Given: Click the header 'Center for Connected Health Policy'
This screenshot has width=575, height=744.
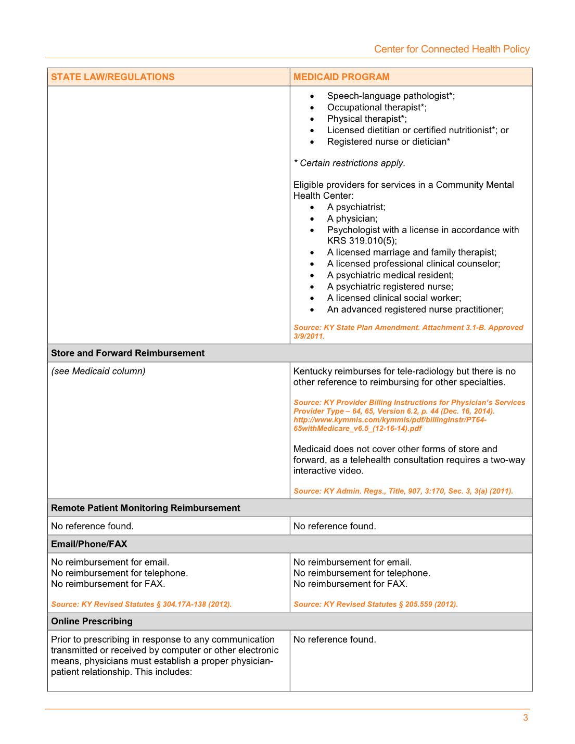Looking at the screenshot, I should coord(451,49).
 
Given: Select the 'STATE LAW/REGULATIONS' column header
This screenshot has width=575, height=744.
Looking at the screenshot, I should coord(112,77).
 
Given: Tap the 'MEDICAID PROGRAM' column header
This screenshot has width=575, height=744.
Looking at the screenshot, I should coord(341,77).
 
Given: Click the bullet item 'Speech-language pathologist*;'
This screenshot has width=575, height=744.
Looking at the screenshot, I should coord(390,96).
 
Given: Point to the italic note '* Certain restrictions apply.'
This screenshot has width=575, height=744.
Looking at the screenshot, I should coord(349,163).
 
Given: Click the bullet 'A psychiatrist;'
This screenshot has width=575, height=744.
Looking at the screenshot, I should coord(356,207).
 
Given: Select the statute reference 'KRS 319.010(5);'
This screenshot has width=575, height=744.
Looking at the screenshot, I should coord(362,241).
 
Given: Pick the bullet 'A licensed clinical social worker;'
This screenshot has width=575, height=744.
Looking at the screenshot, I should coord(394,298).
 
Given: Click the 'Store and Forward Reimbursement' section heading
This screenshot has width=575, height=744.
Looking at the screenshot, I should coord(127,353).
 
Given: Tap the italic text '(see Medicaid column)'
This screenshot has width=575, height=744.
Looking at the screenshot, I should coord(98,371).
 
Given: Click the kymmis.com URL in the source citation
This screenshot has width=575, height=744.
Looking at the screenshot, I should coord(390,424).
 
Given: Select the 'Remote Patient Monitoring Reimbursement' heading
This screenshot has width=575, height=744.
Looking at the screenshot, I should coord(145,508).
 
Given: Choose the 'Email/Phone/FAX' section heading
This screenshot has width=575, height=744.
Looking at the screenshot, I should coord(88,544).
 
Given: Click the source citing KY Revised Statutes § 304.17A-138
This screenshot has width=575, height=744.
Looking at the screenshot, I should coord(141,604).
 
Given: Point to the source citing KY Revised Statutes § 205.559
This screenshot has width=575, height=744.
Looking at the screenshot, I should coord(375,604).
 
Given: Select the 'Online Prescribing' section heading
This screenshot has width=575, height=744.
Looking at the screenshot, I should coord(92,621).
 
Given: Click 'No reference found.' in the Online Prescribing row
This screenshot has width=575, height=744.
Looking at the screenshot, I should coord(334,639).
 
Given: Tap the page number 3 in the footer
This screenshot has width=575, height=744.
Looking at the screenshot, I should coord(525,718).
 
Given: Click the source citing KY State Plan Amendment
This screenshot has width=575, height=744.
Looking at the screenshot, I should coord(408,331).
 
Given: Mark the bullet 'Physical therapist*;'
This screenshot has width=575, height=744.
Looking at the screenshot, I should coord(367,119).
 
